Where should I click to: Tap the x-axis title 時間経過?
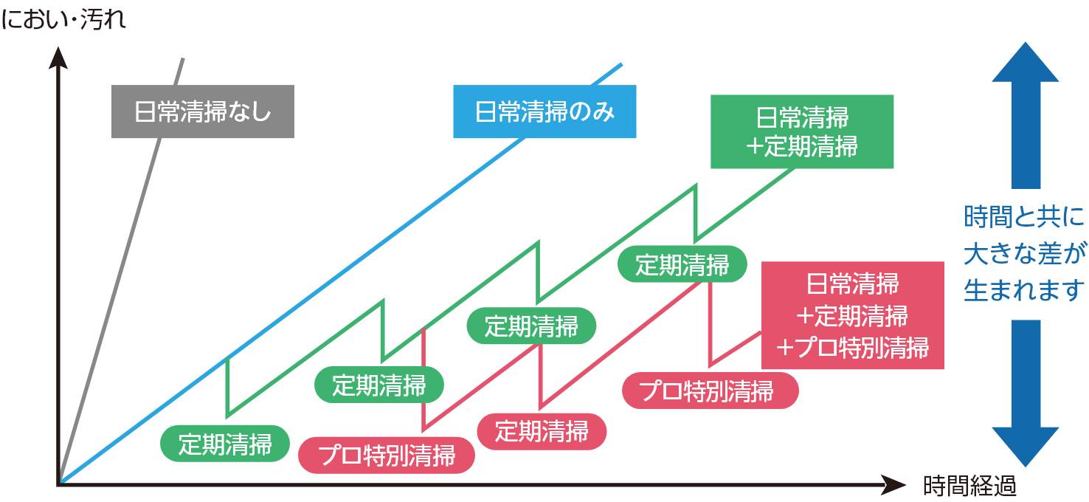pos(969,486)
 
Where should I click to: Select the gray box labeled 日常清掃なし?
pos(203,112)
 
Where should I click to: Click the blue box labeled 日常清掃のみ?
pos(545,112)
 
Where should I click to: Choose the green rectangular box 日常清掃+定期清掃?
pos(802,131)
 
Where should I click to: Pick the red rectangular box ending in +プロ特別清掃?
pos(853,315)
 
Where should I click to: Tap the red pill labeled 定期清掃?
pos(542,431)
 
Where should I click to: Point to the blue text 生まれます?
pos(1025,289)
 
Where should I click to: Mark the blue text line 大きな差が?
pos(1025,253)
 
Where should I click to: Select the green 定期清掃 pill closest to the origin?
pos(225,444)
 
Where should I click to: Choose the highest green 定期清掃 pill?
pos(682,264)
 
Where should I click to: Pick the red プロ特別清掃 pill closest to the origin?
pos(387,455)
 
